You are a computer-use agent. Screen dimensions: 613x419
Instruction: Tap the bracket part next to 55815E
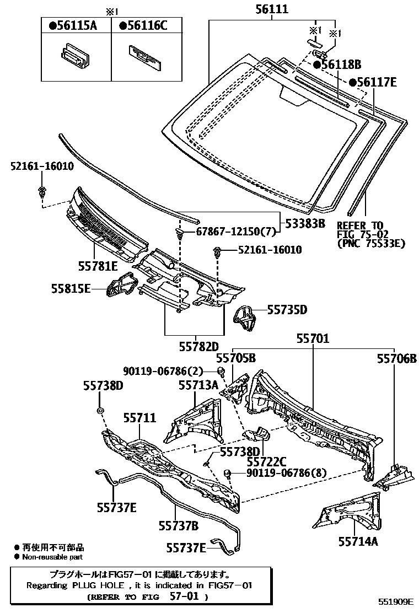(x=121, y=285)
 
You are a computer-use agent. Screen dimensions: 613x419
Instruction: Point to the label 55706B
(x=396, y=358)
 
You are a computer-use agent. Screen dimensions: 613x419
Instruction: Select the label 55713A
(x=198, y=384)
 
